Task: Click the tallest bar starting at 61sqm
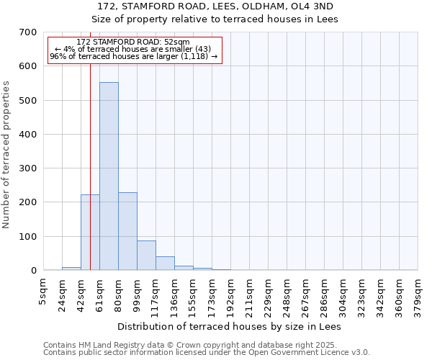[x=109, y=176]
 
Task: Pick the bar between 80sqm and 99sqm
[x=127, y=231]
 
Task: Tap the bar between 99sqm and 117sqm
[x=146, y=256]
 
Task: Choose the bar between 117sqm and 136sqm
[x=165, y=264]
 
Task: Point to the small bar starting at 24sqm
[x=71, y=269]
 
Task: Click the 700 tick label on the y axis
[x=29, y=32]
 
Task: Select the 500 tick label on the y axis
[x=29, y=100]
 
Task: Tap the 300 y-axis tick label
[x=29, y=168]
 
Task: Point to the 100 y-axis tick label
[x=29, y=236]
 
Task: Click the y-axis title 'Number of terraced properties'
[x=6, y=155]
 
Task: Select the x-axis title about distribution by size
[x=229, y=327]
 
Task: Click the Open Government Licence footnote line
[x=207, y=353]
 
